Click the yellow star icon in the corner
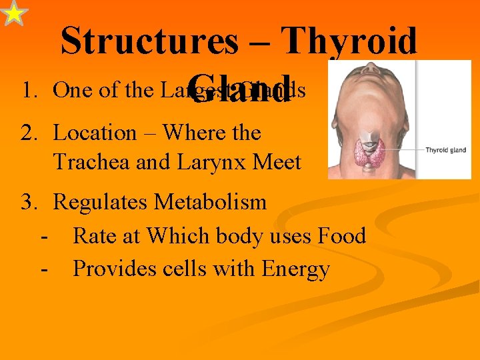click(14, 13)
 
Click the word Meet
click(277, 162)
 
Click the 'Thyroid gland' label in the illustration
click(447, 150)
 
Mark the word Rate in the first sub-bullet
click(94, 235)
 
